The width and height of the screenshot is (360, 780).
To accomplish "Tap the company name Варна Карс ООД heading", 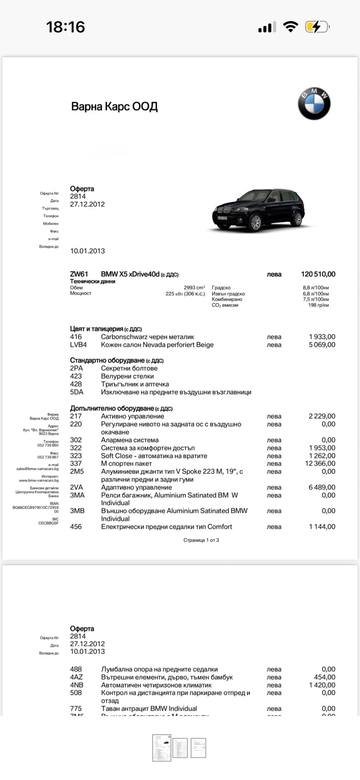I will pyautogui.click(x=114, y=107).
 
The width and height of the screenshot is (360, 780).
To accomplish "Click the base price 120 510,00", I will pyautogui.click(x=318, y=274).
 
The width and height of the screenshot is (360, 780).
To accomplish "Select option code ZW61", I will pyautogui.click(x=79, y=274).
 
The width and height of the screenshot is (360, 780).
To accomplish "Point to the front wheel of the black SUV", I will pyautogui.click(x=256, y=223).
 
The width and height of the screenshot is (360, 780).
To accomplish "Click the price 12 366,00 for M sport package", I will pyautogui.click(x=320, y=463).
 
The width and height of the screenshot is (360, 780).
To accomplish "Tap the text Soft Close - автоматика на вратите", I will pyautogui.click(x=154, y=456).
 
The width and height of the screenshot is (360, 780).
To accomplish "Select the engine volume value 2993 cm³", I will pyautogui.click(x=194, y=288).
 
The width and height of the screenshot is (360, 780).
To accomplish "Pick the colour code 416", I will pyautogui.click(x=76, y=337).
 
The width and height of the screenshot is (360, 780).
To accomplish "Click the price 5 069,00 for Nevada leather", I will pyautogui.click(x=322, y=344).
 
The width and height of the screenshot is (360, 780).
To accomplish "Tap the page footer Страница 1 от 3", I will pyautogui.click(x=201, y=540).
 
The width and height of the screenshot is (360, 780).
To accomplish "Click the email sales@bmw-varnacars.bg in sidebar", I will pyautogui.click(x=37, y=469).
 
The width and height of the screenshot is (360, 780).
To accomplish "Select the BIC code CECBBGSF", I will pyautogui.click(x=48, y=523).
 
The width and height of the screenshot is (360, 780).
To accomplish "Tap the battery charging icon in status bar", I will pyautogui.click(x=317, y=27).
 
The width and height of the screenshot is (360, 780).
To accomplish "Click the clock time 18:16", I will pyautogui.click(x=65, y=27).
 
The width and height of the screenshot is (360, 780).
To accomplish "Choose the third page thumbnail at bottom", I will pyautogui.click(x=198, y=747).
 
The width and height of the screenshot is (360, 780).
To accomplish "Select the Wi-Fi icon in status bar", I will pyautogui.click(x=290, y=27).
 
